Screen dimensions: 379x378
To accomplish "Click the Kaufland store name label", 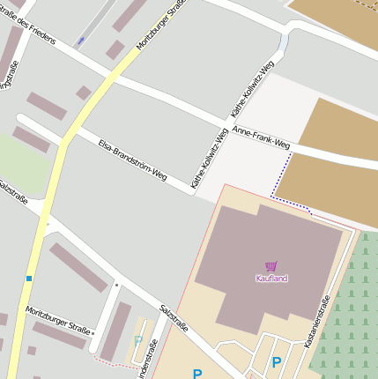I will pyautogui.click(x=271, y=279).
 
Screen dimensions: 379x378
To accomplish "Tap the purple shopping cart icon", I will pyautogui.click(x=271, y=266).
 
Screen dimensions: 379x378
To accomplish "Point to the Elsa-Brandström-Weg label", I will pyautogui.click(x=132, y=160).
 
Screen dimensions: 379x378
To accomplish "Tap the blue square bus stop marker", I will pyautogui.click(x=29, y=279).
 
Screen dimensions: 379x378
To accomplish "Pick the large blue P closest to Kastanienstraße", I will pyautogui.click(x=277, y=362).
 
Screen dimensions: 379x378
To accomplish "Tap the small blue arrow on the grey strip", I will pyautogui.click(x=81, y=41).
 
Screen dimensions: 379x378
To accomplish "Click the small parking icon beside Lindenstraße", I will pyautogui.click(x=137, y=339).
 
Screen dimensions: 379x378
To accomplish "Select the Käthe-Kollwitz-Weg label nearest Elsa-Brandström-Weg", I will pyautogui.click(x=210, y=159).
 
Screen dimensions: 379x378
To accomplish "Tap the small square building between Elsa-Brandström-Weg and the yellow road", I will pyautogui.click(x=84, y=93).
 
